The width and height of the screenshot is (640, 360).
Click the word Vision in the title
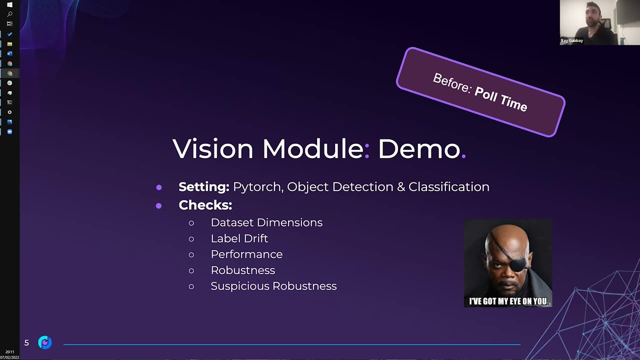213,148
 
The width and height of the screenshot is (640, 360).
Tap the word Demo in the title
418,148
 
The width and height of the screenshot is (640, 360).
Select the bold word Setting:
203,186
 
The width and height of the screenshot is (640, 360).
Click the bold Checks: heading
205,205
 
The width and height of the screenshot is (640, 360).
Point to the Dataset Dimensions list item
266,222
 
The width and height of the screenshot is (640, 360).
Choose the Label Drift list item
239,238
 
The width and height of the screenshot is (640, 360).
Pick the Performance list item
246,254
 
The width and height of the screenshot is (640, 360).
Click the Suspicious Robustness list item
273,286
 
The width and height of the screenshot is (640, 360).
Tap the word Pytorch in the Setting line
257,187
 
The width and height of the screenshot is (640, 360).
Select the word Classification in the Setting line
448,186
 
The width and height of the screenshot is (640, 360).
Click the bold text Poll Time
500,98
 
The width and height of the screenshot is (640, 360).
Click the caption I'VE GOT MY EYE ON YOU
507,301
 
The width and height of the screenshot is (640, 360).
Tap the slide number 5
26,342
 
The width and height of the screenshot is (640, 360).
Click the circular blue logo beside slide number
45,342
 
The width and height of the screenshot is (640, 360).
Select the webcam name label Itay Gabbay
572,40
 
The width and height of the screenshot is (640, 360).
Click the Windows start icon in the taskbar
9,4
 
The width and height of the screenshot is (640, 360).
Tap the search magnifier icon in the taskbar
9,14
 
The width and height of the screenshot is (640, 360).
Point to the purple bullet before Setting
159,187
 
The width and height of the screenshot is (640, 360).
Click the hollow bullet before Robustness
191,270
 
